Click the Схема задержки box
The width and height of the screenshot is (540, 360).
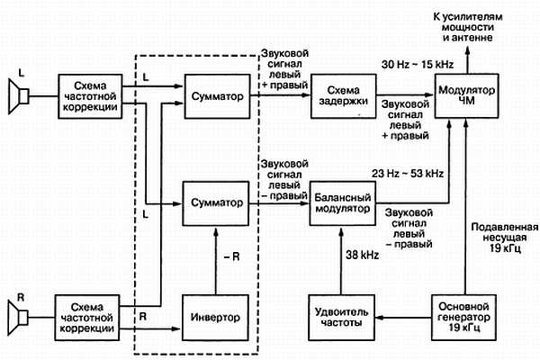(341, 95)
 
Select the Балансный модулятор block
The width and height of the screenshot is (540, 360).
(341, 200)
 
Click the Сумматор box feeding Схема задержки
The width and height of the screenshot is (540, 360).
(216, 95)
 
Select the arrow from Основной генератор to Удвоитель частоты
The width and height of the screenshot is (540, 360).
(401, 317)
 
